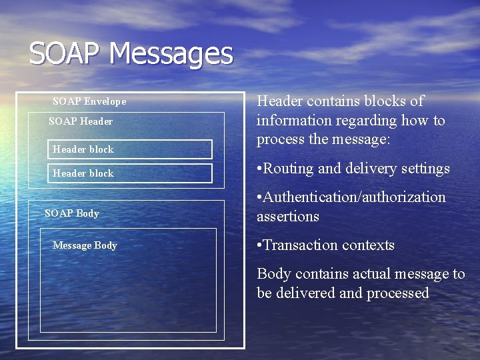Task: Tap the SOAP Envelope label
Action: [89, 102]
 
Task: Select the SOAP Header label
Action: [81, 121]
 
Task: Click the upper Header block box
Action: [131, 149]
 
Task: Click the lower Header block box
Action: [131, 173]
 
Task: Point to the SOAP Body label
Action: [71, 213]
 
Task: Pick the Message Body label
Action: [85, 245]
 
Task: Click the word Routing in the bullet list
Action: [289, 169]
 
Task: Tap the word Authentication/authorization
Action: [355, 197]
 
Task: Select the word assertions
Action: [288, 217]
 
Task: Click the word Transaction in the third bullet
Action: [301, 245]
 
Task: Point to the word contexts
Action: [368, 245]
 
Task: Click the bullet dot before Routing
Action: [260, 169]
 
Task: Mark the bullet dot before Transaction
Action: [260, 246]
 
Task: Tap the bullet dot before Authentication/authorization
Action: [260, 198]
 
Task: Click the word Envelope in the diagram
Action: [105, 102]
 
